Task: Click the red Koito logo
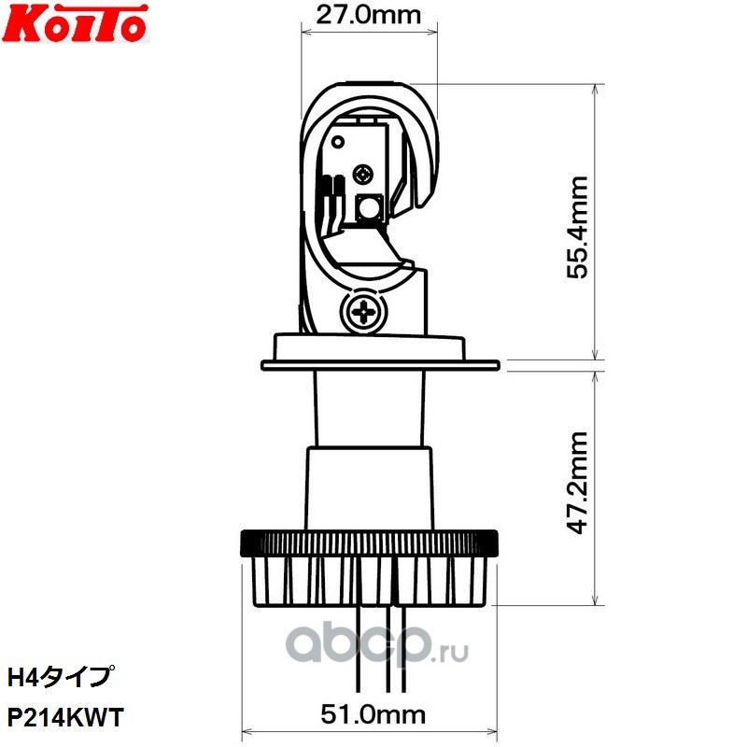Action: click(x=76, y=22)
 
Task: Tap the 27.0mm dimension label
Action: click(x=369, y=15)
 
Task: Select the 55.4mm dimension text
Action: click(x=577, y=227)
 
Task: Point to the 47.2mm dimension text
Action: click(x=577, y=483)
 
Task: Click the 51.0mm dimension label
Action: click(x=373, y=714)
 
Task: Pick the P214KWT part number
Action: click(x=65, y=717)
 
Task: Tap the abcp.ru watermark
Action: click(x=377, y=645)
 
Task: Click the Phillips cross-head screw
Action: click(x=363, y=313)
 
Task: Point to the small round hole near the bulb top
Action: click(x=338, y=142)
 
